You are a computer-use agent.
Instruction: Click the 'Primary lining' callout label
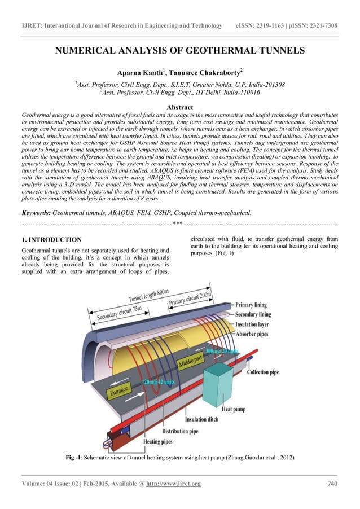[255, 305]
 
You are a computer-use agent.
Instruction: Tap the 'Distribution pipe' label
[180, 432]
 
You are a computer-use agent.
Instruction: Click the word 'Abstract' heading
[180, 107]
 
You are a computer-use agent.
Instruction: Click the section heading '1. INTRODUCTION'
[51, 240]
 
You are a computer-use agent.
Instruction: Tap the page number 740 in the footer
[332, 484]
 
